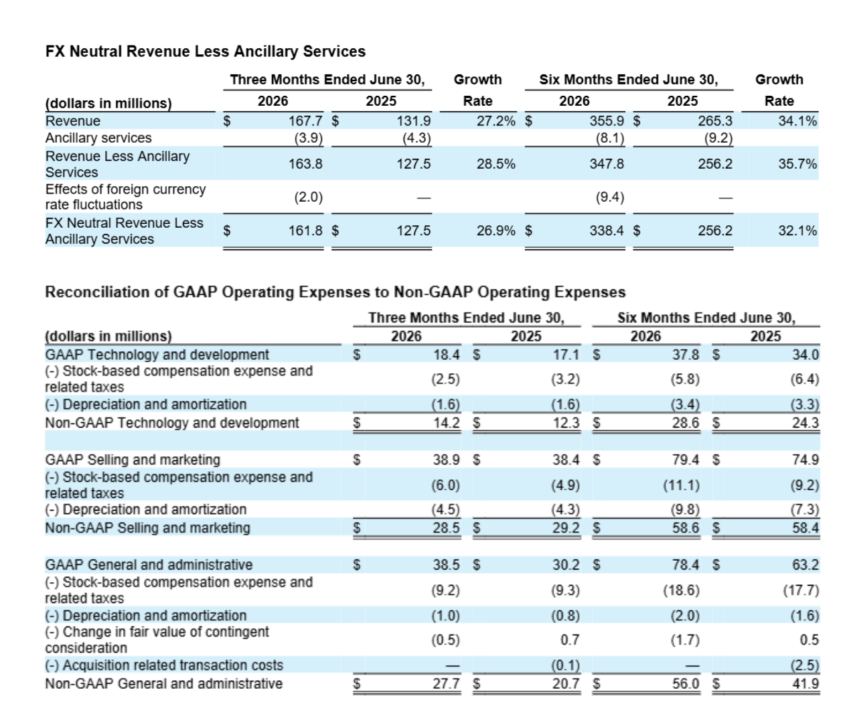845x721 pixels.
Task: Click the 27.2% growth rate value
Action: point(496,121)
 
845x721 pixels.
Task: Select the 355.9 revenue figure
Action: point(607,121)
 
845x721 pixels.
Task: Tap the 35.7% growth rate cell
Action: point(797,164)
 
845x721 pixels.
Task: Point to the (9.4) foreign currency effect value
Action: point(609,197)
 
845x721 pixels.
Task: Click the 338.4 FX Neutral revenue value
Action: point(607,231)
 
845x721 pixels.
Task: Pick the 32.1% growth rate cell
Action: point(797,231)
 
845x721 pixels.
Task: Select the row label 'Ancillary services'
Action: point(98,138)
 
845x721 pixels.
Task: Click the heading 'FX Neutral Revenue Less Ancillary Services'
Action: point(205,52)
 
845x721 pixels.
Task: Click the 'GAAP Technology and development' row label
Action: point(157,354)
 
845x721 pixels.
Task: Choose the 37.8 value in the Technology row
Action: point(686,354)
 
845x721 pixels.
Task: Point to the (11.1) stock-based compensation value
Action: point(682,485)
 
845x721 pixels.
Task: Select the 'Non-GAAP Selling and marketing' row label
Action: point(147,528)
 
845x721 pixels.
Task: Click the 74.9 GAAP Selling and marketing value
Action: point(805,460)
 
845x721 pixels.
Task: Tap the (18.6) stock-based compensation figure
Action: point(682,590)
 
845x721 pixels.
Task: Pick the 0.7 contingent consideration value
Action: point(570,640)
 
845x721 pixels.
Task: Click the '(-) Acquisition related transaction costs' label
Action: point(164,665)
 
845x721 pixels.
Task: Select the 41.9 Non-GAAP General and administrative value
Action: point(805,683)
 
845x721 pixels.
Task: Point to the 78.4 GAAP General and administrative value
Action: point(686,565)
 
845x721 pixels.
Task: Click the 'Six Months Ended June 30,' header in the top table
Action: point(629,80)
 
